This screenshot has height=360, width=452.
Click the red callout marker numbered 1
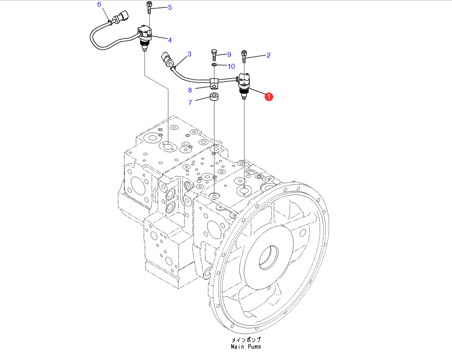pos(268,97)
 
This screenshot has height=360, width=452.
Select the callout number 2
pos(268,55)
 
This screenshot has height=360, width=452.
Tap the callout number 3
pos(190,54)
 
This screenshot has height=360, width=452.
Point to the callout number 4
pos(169,40)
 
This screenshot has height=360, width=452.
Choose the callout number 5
pos(170,7)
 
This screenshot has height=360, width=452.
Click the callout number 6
pos(99,5)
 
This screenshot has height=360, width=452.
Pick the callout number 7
pos(190,102)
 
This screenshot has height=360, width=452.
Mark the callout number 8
pos(190,90)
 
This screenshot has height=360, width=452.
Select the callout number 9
pos(229,54)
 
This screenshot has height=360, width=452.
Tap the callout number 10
pos(231,66)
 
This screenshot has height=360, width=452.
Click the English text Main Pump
pos(246,346)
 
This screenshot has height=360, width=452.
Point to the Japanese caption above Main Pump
pos(246,340)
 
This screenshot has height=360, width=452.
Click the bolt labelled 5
pos(149,8)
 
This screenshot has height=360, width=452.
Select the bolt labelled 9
pos(214,55)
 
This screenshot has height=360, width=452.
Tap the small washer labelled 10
pos(214,65)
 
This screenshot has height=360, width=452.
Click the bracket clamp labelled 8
pos(214,83)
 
